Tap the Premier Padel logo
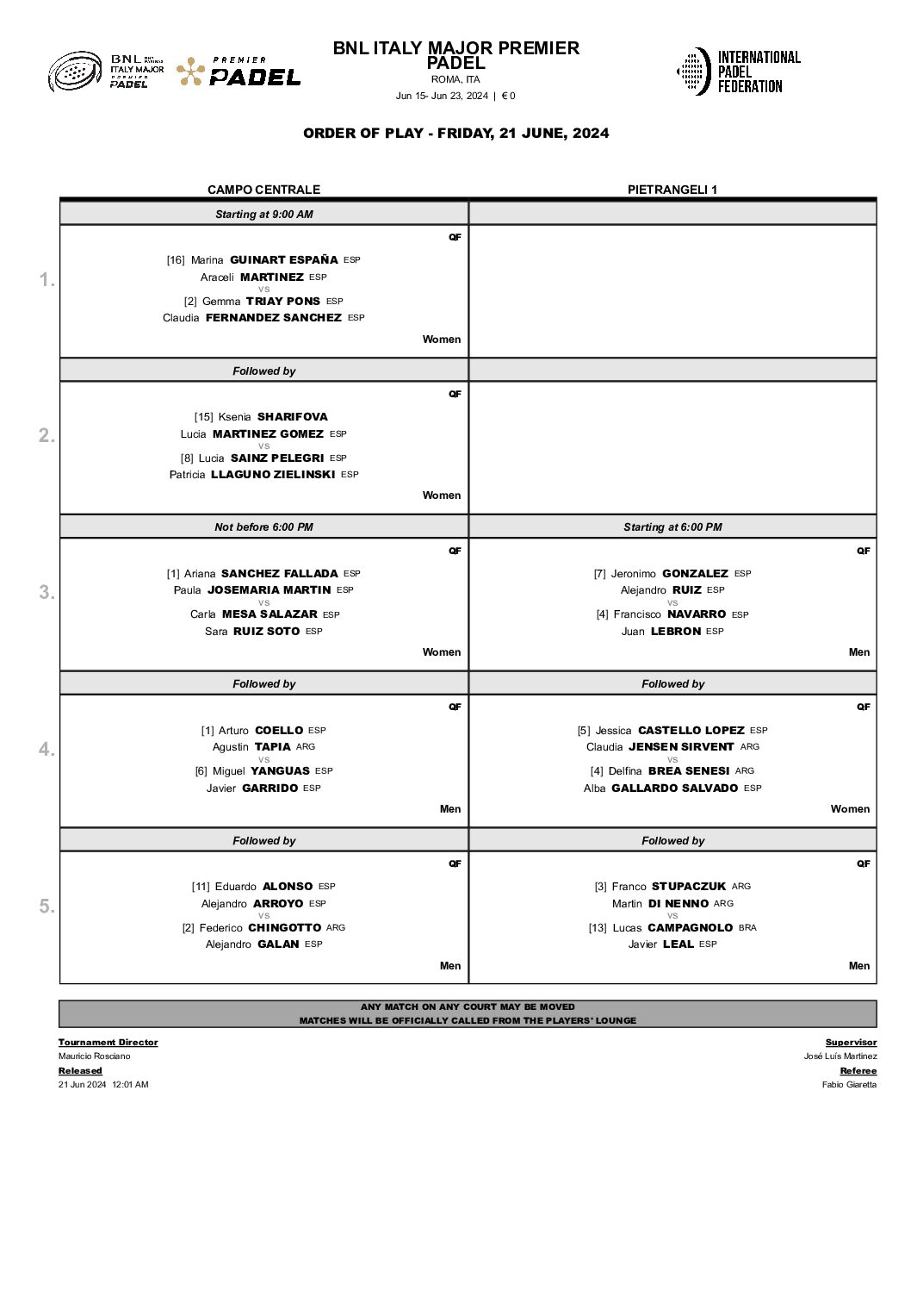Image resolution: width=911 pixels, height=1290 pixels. [239, 72]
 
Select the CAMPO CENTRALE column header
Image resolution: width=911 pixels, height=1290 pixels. [263, 190]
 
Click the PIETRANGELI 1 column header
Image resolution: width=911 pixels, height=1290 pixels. [672, 190]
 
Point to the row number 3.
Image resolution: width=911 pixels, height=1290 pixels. [46, 592]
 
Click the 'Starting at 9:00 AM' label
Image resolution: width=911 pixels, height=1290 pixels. [263, 215]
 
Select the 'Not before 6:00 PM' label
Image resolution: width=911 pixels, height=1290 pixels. [263, 527]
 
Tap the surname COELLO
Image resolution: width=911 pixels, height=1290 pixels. [279, 730]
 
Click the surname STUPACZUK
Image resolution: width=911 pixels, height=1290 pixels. [688, 886]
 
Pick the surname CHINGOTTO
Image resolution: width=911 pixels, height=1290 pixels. [284, 927]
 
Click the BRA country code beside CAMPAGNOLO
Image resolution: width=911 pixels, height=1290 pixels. [747, 928]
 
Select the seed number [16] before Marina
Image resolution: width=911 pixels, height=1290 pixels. [176, 260]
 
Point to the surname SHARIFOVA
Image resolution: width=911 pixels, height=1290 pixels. [292, 417]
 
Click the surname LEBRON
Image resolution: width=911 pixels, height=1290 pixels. [675, 632]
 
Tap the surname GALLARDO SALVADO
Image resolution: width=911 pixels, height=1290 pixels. [674, 788]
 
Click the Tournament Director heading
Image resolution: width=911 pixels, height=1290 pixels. [108, 1043]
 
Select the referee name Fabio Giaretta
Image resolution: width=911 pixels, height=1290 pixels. [849, 1085]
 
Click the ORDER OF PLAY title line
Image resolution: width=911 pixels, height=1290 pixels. [455, 134]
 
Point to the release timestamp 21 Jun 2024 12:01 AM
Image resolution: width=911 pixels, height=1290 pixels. [103, 1085]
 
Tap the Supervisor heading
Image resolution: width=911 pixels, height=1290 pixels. [851, 1043]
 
